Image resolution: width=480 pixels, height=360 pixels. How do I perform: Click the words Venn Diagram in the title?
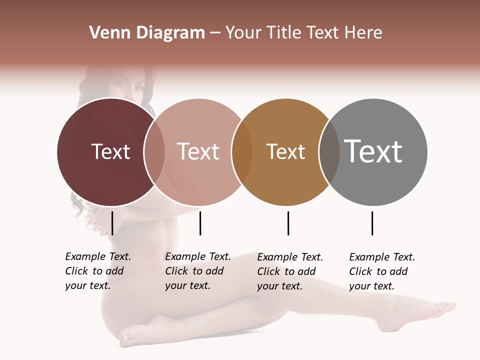click(x=147, y=33)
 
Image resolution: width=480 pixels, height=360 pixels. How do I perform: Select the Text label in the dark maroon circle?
click(x=110, y=151)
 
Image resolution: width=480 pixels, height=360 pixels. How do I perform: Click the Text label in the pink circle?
click(x=198, y=151)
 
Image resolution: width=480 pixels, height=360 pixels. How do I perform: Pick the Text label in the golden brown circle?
click(x=285, y=151)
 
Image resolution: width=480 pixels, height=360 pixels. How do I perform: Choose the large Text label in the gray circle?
click(x=373, y=151)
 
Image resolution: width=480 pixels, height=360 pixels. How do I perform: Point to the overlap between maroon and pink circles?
click(x=154, y=151)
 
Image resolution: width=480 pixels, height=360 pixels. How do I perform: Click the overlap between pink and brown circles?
click(x=242, y=151)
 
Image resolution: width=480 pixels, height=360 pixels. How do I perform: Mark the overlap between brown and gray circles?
click(x=329, y=151)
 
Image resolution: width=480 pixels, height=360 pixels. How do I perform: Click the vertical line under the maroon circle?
click(x=112, y=223)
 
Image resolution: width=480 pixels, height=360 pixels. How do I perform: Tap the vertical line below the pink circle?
click(x=200, y=223)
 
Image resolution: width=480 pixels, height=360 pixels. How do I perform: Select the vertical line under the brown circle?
click(x=288, y=223)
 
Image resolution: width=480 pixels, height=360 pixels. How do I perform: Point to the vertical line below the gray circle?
click(x=372, y=223)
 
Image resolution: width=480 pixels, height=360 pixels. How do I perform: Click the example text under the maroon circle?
click(x=97, y=271)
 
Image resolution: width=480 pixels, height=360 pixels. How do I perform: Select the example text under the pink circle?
click(x=197, y=271)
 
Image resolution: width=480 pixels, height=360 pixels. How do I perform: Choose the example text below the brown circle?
click(x=289, y=271)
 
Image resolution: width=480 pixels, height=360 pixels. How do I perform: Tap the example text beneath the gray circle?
click(x=381, y=271)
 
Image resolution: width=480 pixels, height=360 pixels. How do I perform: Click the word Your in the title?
click(x=243, y=33)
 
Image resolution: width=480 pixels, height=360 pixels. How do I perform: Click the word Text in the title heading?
click(x=323, y=33)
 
